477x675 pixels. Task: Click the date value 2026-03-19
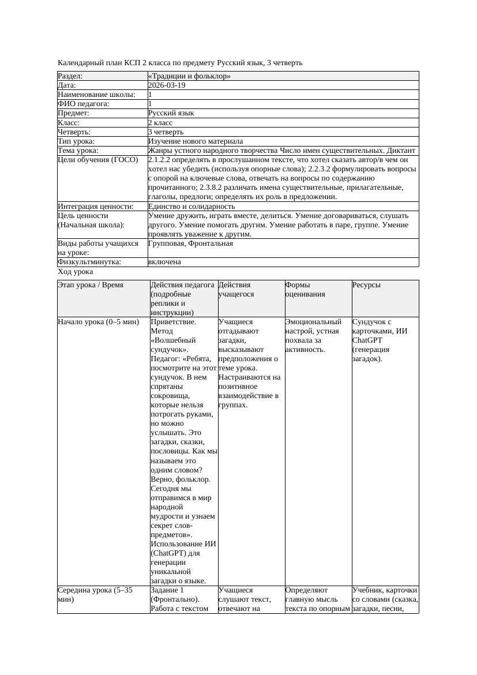[167, 85]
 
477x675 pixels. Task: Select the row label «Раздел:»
[70, 76]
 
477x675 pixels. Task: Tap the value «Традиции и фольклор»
[189, 76]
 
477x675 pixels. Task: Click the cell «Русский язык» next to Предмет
[171, 113]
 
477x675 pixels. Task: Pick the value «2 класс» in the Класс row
[160, 122]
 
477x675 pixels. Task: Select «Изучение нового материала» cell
[196, 141]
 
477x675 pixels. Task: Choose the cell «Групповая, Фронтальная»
[190, 243]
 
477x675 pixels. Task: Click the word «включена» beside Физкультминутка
[164, 262]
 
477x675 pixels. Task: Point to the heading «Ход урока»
[76, 271]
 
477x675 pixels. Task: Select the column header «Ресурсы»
[366, 285]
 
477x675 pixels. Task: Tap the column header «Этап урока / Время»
[91, 285]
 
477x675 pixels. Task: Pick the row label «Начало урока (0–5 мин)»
[99, 322]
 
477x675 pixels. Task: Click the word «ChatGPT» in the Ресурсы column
[366, 340]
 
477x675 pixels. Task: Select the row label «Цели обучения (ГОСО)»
[98, 160]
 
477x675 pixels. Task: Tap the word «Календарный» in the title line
[80, 62]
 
